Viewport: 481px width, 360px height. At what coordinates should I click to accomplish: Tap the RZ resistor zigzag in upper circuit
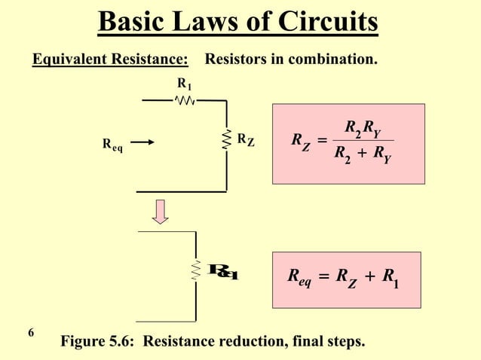tap(226, 140)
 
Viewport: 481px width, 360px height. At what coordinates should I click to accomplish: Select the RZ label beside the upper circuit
tap(245, 139)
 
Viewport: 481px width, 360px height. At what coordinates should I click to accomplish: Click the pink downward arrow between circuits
tap(159, 212)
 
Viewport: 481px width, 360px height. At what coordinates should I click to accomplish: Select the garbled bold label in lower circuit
tap(224, 271)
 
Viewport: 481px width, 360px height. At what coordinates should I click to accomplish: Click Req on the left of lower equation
tap(299, 278)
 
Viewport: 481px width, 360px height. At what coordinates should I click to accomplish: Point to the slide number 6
tap(30, 332)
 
